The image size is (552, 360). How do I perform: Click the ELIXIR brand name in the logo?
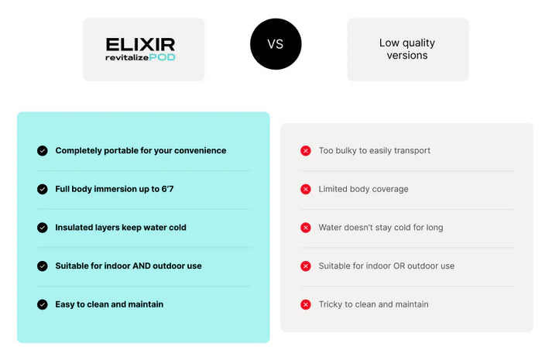[x=140, y=45]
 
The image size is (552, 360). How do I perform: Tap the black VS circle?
[x=276, y=44]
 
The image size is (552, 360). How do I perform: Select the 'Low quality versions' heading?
[x=407, y=49]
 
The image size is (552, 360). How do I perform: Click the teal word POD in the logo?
[x=162, y=57]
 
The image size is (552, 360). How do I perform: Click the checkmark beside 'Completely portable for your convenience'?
[x=43, y=151]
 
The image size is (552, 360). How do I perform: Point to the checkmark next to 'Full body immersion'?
[x=43, y=190]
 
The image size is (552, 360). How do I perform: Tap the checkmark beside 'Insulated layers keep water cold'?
[x=43, y=228]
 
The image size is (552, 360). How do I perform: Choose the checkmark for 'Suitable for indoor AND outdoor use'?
[x=43, y=266]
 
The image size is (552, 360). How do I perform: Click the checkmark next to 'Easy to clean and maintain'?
[x=43, y=304]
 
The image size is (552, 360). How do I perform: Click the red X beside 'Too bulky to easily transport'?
[x=306, y=151]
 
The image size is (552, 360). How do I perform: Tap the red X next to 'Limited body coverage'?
[x=306, y=190]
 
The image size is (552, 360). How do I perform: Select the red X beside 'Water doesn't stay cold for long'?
[x=306, y=228]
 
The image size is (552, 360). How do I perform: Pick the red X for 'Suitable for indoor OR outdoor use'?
[x=306, y=266]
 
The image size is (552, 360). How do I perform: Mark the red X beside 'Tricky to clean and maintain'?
[x=306, y=304]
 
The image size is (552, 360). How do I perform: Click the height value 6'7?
[x=167, y=189]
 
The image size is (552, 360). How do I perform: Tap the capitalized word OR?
[x=399, y=266]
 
